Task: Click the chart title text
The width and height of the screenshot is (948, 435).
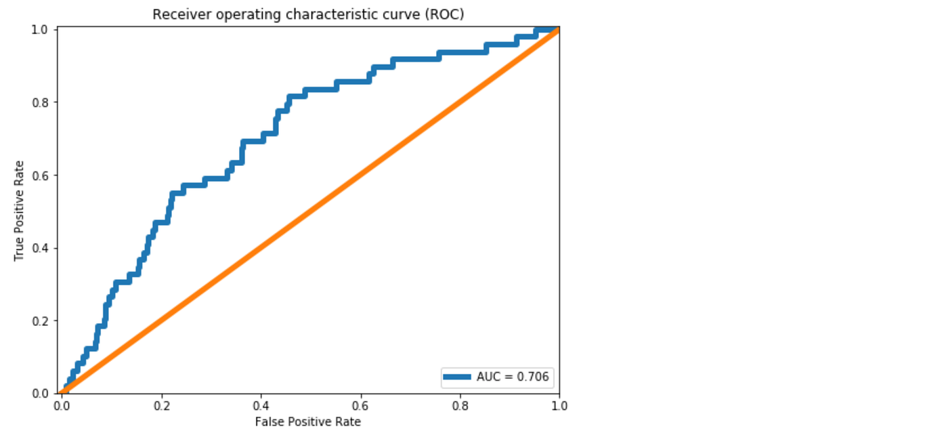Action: (308, 14)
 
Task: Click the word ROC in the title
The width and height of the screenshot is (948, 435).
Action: (447, 14)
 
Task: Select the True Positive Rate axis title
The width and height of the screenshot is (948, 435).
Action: (19, 211)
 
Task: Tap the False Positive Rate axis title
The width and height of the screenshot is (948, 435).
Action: (308, 421)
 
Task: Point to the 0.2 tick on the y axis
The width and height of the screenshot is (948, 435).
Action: (42, 320)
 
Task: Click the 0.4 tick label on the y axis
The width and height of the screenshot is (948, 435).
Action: (42, 248)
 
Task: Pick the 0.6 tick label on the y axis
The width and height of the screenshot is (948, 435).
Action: (42, 175)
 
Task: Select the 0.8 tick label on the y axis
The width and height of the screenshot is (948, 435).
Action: (42, 102)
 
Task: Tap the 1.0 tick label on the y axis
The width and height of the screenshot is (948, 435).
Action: (42, 30)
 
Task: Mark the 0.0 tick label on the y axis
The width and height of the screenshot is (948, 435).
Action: (42, 393)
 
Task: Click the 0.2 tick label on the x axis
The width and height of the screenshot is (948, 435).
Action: (161, 405)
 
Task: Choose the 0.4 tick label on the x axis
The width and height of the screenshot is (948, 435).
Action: (261, 405)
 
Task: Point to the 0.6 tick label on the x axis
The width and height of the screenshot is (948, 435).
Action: (360, 405)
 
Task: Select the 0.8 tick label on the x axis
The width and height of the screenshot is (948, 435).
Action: (460, 405)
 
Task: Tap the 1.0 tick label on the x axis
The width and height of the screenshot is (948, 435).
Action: (559, 405)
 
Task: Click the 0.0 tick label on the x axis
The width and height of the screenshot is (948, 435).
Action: (62, 405)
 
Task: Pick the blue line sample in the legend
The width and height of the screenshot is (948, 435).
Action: (458, 377)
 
